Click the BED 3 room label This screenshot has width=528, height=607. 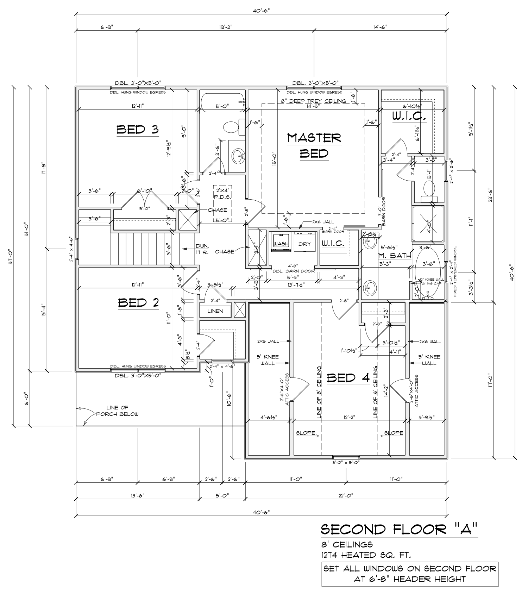click(x=138, y=130)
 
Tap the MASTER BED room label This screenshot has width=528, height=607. click(x=314, y=145)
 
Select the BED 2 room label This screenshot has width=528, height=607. click(x=138, y=302)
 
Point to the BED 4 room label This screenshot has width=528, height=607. click(x=348, y=378)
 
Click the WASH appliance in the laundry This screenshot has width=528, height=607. click(x=281, y=244)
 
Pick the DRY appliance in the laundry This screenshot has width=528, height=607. click(x=304, y=244)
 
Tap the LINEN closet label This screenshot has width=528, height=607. click(x=215, y=311)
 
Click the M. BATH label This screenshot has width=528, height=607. click(x=395, y=256)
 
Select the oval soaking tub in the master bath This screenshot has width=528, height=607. click(x=428, y=269)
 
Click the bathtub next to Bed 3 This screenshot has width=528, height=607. click(x=222, y=102)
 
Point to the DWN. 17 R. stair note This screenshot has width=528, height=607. click(x=202, y=249)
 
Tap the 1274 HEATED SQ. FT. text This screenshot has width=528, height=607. click(x=366, y=556)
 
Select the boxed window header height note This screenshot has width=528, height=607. click(x=410, y=574)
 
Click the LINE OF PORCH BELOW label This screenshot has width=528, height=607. click(x=118, y=411)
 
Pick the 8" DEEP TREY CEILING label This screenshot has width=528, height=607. click(x=313, y=101)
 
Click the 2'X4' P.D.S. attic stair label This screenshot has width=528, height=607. click(x=222, y=194)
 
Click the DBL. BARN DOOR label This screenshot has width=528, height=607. click(x=294, y=271)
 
